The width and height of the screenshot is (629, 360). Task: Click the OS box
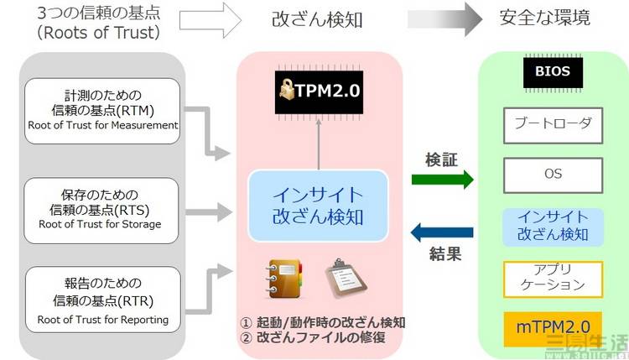click(x=552, y=175)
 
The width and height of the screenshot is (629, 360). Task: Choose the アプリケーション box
click(x=552, y=277)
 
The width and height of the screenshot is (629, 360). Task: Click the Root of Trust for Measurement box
click(x=102, y=109)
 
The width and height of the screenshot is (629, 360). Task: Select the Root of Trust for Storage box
click(x=102, y=206)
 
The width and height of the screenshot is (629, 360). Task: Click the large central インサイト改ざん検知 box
click(x=319, y=206)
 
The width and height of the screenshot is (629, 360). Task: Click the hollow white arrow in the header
click(x=211, y=17)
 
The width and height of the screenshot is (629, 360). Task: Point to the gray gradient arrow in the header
click(x=444, y=17)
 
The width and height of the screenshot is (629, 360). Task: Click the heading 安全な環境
click(x=543, y=18)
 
